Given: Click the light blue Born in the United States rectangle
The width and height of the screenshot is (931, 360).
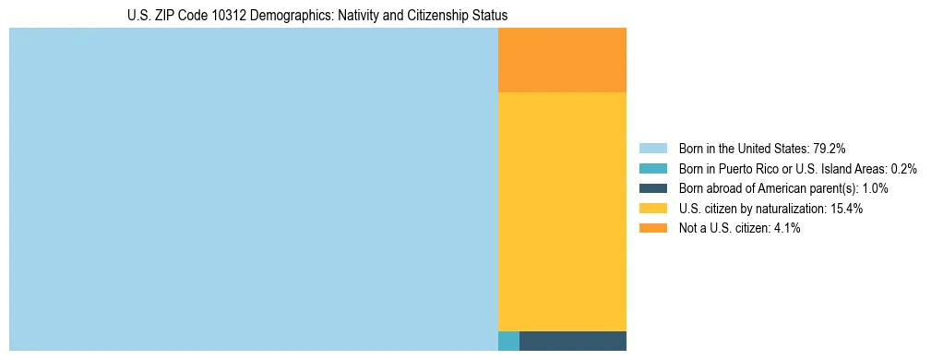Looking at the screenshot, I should (x=253, y=189).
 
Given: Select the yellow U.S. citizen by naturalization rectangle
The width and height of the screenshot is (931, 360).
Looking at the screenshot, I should (x=562, y=211).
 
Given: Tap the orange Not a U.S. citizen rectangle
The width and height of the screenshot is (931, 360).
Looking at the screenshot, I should (x=562, y=60).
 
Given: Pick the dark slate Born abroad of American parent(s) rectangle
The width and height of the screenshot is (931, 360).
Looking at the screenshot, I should (x=573, y=341).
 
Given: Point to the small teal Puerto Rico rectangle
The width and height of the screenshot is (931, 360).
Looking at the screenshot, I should (x=508, y=341).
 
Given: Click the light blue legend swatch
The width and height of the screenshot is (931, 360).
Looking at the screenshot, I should (x=652, y=149).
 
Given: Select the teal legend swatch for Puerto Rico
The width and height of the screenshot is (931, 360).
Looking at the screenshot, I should (x=652, y=169).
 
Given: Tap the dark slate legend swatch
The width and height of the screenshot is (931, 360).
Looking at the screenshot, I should (x=652, y=188).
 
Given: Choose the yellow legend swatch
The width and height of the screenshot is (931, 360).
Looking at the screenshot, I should (x=652, y=209).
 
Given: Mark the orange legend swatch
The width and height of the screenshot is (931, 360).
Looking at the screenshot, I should (x=652, y=228).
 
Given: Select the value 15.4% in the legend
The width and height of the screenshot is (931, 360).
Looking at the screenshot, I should (x=846, y=209).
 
